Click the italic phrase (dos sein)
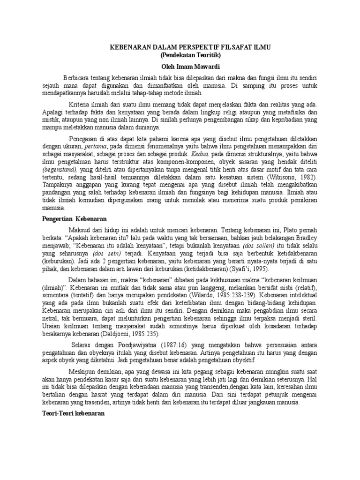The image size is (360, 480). click(x=105, y=253)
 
